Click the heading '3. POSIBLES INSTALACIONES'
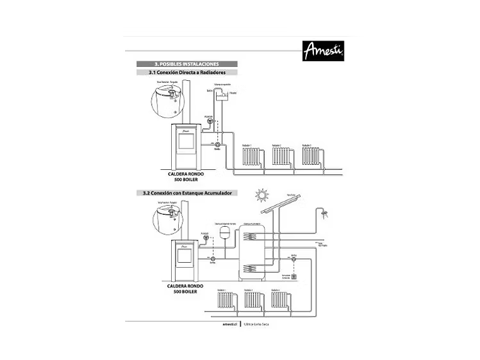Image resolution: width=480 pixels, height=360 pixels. [x=187, y=64]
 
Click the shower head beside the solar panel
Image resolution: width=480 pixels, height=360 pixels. [x=325, y=214]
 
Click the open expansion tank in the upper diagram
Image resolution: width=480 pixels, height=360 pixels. [x=222, y=95]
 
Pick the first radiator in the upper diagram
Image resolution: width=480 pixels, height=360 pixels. [x=251, y=155]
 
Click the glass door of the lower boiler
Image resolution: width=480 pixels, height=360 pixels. [x=184, y=256]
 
